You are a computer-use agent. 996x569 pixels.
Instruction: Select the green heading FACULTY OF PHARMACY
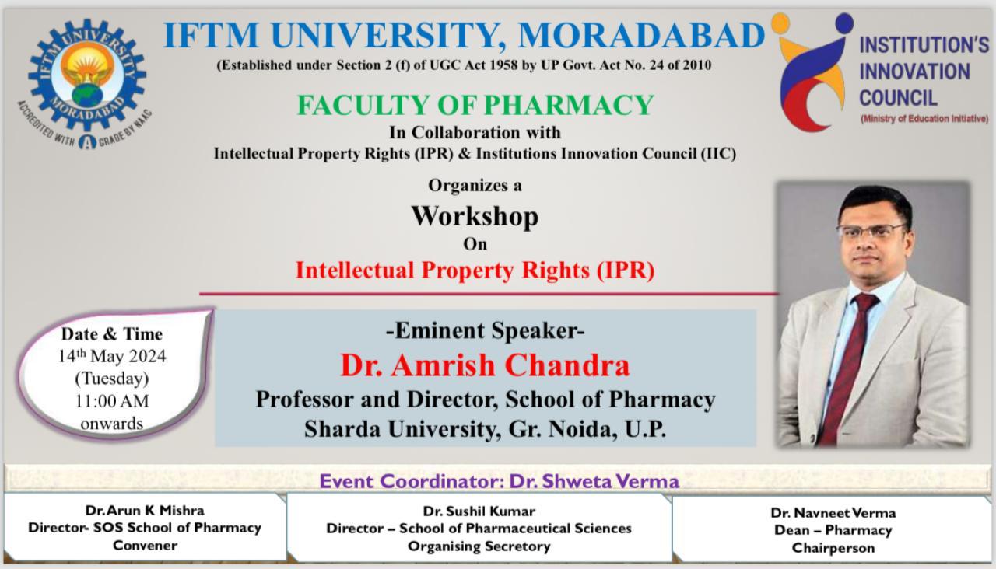pos(475,105)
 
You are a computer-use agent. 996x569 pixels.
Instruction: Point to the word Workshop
pos(475,215)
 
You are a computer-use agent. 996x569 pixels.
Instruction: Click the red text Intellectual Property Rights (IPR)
pos(475,271)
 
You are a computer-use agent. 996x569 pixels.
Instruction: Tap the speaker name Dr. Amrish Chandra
pos(484,365)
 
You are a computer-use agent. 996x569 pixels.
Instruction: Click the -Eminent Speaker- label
pos(485,331)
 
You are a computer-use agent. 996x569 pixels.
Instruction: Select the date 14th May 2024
pos(112,357)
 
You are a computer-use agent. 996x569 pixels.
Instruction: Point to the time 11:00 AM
pos(112,402)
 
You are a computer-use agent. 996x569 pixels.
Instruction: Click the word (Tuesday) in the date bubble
pos(112,379)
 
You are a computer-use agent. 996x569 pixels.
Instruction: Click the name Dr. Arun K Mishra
pos(145,511)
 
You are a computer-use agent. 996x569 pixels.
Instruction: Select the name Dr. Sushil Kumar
pos(479,511)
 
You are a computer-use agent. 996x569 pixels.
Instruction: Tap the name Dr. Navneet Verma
pos(833,513)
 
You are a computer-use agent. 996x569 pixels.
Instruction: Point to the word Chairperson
pos(833,547)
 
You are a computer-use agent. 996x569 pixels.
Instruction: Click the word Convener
pos(145,545)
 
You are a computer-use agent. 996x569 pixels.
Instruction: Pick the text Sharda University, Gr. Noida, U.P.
pos(485,429)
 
